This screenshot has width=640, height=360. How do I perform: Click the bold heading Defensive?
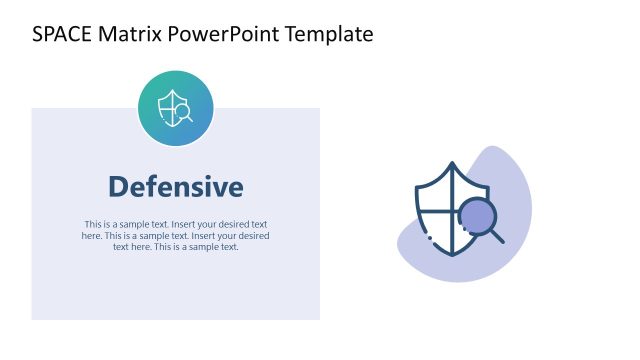tap(175, 187)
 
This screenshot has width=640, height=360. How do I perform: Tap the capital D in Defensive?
tap(117, 187)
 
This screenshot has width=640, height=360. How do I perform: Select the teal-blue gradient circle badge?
tap(175, 108)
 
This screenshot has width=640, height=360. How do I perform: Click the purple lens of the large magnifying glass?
tap(477, 216)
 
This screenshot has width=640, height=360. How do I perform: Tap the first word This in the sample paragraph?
tap(93, 224)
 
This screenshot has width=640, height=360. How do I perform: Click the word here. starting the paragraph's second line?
tap(91, 236)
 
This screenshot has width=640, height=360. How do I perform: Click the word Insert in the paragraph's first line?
tap(187, 224)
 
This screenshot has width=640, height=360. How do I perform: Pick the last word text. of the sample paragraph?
tap(227, 247)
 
